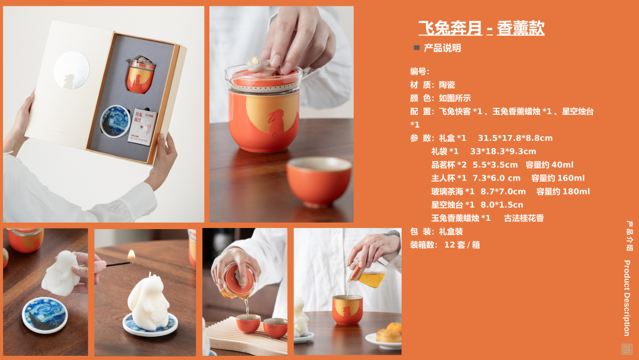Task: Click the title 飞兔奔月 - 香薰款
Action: click(481, 28)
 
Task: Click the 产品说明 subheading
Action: click(442, 48)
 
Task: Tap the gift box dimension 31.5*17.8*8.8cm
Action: click(515, 138)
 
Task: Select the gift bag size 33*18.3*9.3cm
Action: click(504, 151)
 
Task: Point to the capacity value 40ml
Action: click(563, 165)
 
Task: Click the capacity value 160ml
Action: click(571, 178)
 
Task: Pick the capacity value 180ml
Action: click(576, 192)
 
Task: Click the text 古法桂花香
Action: click(524, 218)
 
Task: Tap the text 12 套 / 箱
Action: click(462, 245)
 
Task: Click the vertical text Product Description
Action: click(627, 298)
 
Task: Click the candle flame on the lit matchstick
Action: click(131, 256)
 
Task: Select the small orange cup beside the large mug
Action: click(319, 181)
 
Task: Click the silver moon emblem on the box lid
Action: click(72, 70)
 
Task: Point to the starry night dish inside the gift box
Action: click(115, 121)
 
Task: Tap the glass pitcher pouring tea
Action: click(367, 274)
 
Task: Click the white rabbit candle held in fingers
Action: click(62, 273)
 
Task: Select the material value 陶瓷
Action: click(447, 85)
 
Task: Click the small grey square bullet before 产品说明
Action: click(417, 48)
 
